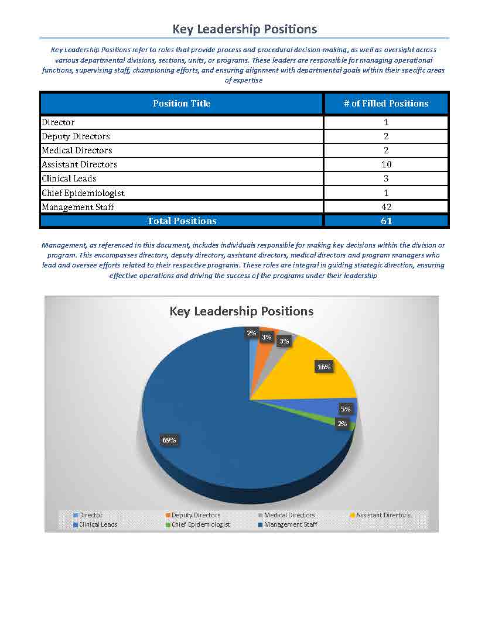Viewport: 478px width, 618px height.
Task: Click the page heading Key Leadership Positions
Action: coord(244,29)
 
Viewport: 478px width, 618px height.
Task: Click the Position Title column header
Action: coord(182,104)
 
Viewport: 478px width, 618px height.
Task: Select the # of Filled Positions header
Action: coord(386,104)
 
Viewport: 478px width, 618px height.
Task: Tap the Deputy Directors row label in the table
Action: coord(76,136)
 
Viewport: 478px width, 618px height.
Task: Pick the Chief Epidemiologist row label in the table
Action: coord(83,193)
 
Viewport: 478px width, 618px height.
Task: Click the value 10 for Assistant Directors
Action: coord(386,164)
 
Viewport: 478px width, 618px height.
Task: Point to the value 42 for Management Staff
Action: coord(386,207)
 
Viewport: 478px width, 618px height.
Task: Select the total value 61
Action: coord(386,221)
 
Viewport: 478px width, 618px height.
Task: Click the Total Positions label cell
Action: coord(182,221)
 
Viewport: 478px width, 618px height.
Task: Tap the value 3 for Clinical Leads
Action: coord(386,178)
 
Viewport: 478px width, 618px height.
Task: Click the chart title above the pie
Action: coord(241,311)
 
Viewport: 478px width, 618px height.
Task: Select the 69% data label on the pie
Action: coord(169,440)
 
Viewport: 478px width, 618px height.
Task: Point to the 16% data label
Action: coord(324,367)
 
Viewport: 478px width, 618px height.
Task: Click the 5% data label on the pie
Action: coord(345,409)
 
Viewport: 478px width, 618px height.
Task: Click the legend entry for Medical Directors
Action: coord(289,515)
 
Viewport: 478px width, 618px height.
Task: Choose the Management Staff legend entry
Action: coord(290,524)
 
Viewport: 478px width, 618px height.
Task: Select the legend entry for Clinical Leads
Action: coord(98,524)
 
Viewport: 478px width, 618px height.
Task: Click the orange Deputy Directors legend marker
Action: coord(168,515)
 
